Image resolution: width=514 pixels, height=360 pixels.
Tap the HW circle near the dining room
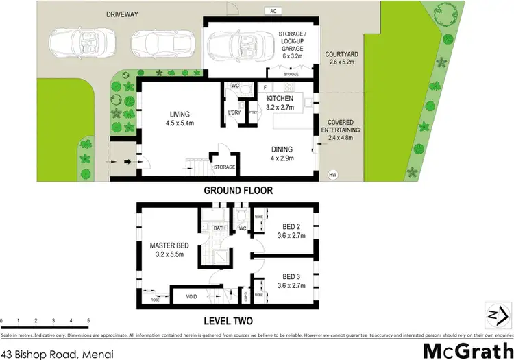coord(333,174)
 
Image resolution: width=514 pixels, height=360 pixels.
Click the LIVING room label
coord(180,115)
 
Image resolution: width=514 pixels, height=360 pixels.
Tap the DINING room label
coord(281,149)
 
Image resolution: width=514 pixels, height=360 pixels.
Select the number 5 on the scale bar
coord(88,320)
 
